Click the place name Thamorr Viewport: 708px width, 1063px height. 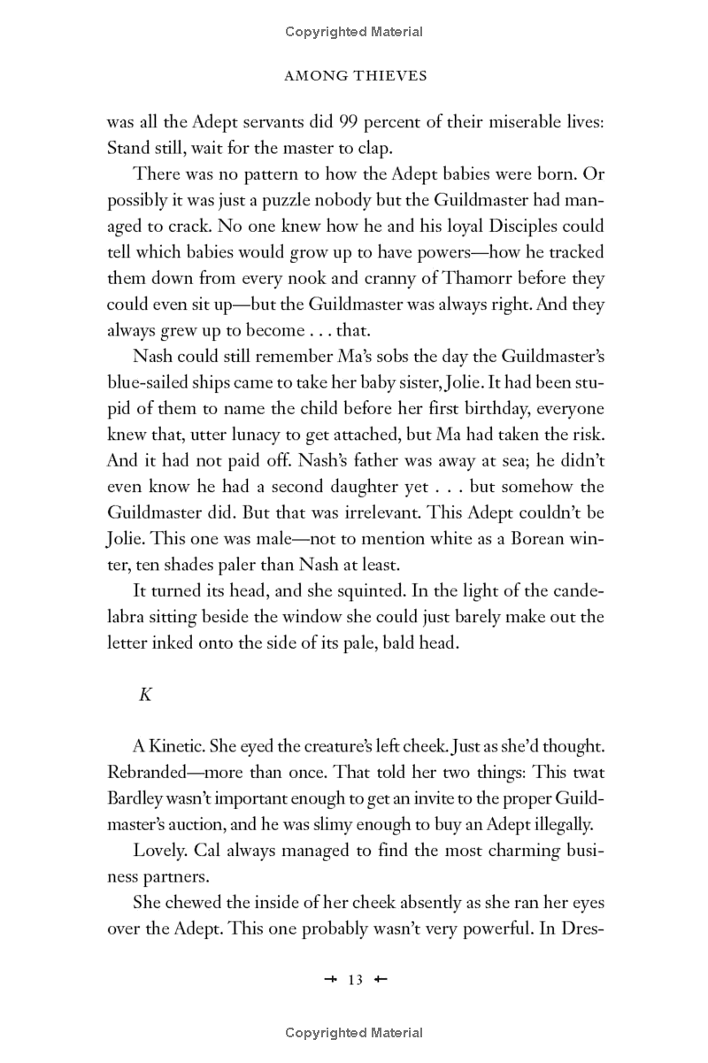point(464,278)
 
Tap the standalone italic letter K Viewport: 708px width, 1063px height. point(146,694)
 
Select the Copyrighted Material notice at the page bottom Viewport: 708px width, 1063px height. point(354,1033)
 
